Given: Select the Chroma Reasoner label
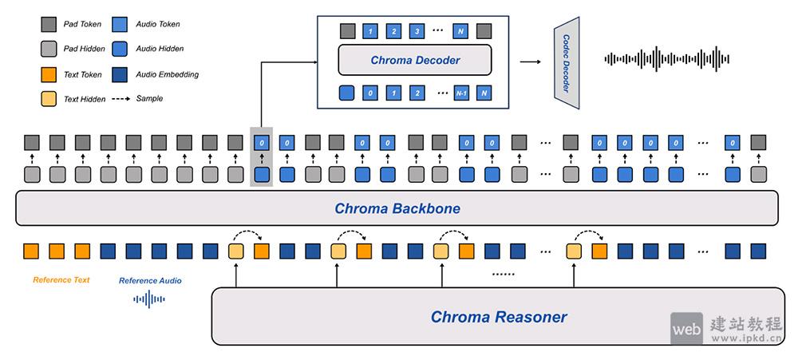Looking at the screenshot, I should [x=499, y=317].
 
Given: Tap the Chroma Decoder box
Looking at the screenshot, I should [x=415, y=61].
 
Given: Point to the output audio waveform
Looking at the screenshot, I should [x=667, y=59].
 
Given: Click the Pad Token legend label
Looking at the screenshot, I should [x=82, y=24].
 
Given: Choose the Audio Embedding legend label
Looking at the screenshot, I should [x=167, y=74].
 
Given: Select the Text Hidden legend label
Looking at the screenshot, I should [x=83, y=99].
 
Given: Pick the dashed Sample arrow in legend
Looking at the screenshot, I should [x=120, y=99].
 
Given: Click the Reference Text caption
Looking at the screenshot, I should [x=61, y=280].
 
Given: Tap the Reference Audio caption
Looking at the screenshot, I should [x=150, y=281].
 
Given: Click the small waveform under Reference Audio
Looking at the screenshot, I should [x=149, y=299].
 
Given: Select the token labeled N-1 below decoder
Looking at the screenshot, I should [x=461, y=93].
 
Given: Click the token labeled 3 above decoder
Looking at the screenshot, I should [x=415, y=32].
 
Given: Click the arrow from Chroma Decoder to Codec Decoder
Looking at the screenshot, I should [x=528, y=61].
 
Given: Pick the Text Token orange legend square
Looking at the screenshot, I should [x=48, y=74].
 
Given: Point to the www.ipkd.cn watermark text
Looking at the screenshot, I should [x=749, y=338].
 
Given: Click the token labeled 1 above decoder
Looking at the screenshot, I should [x=369, y=32].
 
